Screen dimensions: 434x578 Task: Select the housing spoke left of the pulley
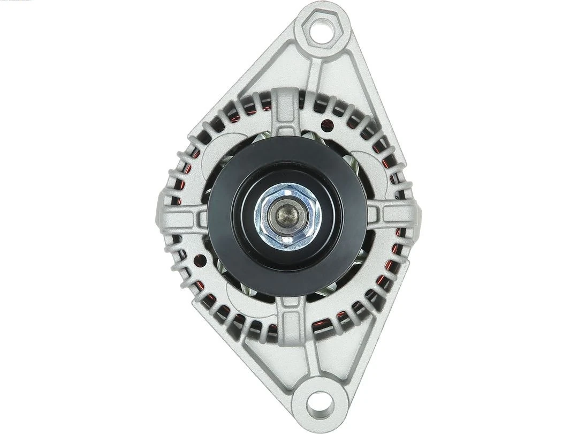tap(185, 217)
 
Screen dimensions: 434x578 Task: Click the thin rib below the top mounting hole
tap(315, 70)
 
